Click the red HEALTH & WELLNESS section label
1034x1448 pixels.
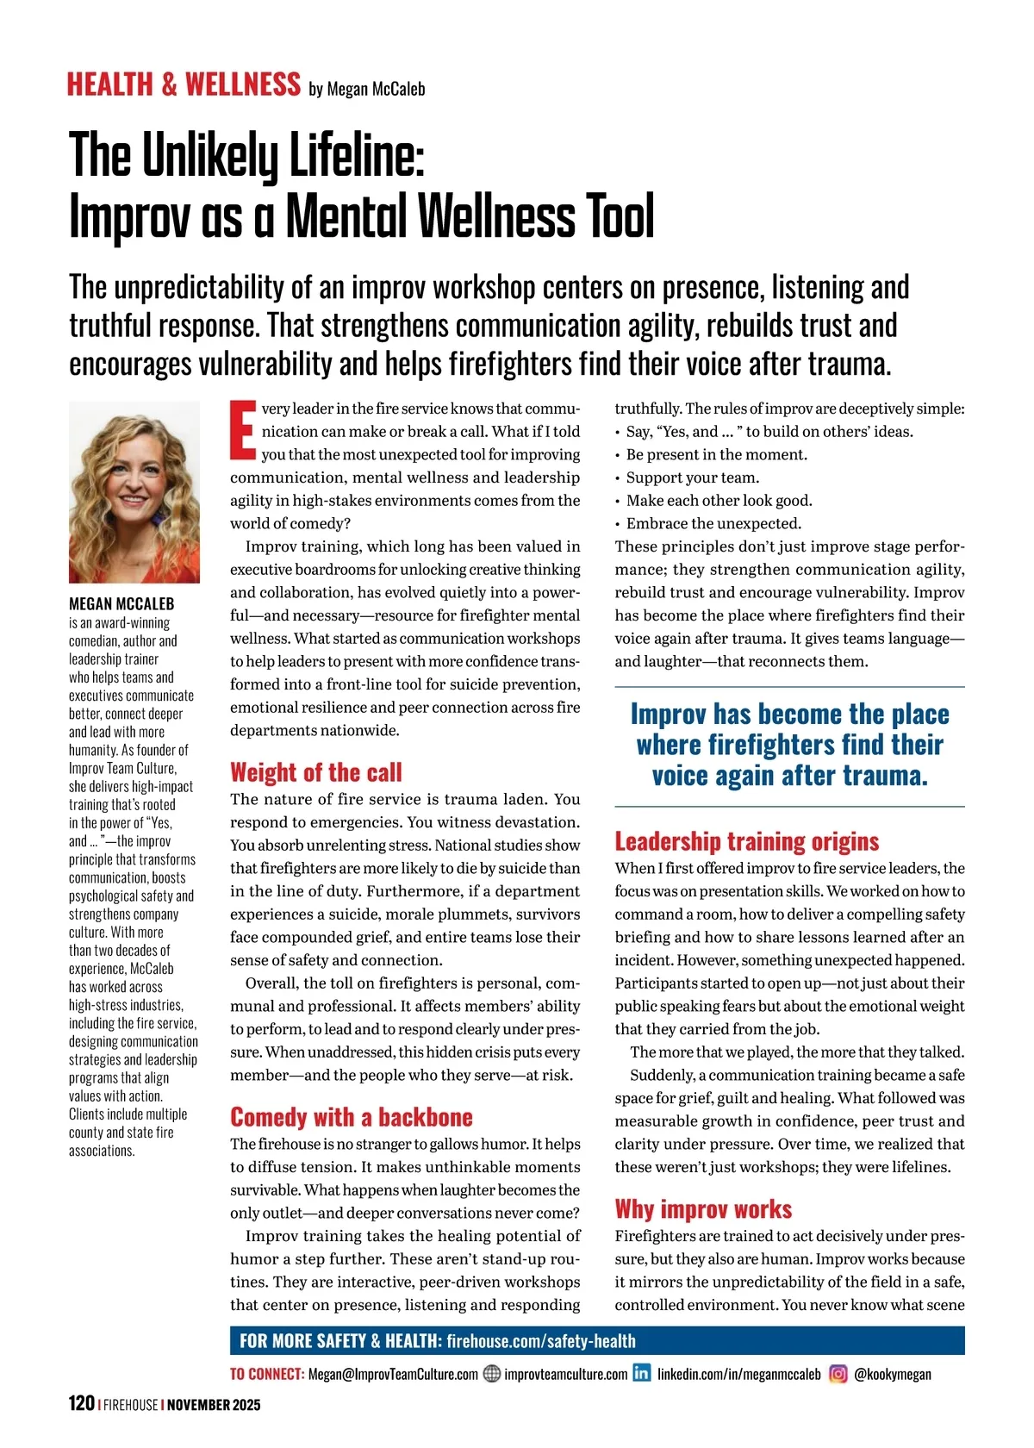click(x=184, y=84)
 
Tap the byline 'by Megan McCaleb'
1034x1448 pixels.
click(x=366, y=89)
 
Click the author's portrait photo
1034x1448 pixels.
click(x=134, y=492)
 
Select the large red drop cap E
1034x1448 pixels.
click(x=243, y=429)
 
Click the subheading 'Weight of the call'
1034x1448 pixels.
click(x=315, y=772)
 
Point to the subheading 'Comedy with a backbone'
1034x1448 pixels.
click(x=351, y=1117)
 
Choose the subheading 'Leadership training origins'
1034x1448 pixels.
click(x=746, y=841)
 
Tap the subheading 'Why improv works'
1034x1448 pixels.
click(x=703, y=1209)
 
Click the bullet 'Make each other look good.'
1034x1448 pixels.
click(x=719, y=501)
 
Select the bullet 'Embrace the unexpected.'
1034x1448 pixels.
click(x=713, y=523)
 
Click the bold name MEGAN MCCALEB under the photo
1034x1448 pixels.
click(x=121, y=603)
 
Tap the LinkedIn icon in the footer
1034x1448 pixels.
click(x=642, y=1373)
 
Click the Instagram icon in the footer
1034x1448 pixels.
click(x=838, y=1374)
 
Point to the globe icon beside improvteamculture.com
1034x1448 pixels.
click(x=491, y=1374)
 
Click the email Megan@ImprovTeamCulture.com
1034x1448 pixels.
click(x=392, y=1374)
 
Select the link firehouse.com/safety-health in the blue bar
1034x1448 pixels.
click(x=540, y=1341)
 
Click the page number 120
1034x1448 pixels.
click(x=81, y=1403)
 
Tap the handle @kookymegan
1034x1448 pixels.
click(x=892, y=1374)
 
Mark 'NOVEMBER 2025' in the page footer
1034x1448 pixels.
click(x=214, y=1404)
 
